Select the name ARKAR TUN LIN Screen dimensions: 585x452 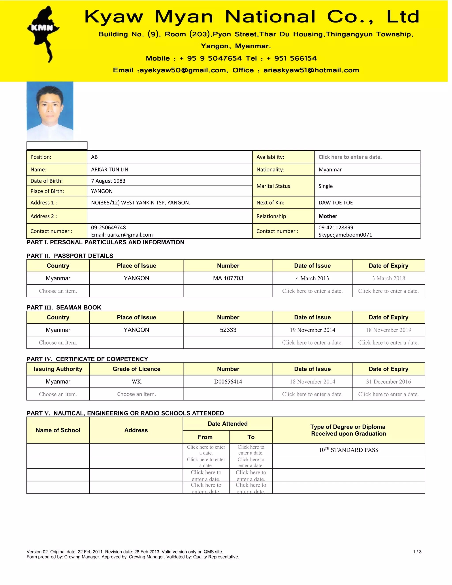tap(109, 170)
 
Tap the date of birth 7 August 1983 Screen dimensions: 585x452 tap(108, 181)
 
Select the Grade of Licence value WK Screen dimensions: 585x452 tap(136, 382)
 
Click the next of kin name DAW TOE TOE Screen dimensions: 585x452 tap(335, 202)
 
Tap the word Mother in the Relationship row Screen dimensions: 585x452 tap(328, 216)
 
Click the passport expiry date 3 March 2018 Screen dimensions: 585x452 tap(388, 278)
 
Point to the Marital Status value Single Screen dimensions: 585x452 tap(325, 186)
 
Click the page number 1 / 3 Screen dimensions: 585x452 tap(417, 552)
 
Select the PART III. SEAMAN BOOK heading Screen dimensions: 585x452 tap(64, 308)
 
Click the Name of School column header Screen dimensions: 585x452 tap(58, 430)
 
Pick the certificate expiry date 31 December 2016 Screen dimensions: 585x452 tap(388, 382)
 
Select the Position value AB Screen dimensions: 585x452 tap(94, 157)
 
